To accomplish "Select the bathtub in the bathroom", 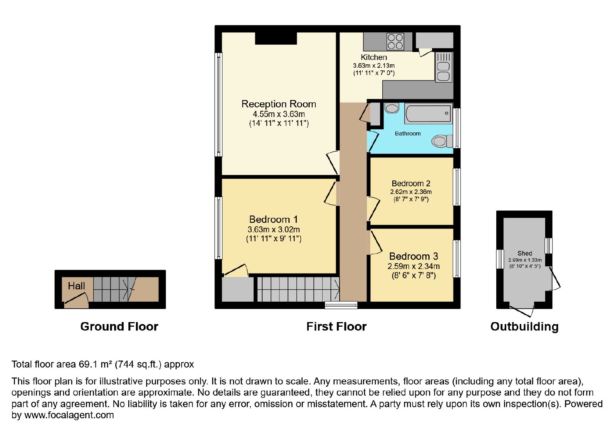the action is click(x=429, y=113).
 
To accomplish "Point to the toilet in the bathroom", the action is click(x=442, y=141).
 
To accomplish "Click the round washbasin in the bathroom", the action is click(x=392, y=108).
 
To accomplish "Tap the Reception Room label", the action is click(x=279, y=104).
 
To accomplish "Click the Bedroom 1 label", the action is click(x=273, y=219).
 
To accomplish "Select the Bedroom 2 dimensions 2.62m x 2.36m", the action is click(x=411, y=192).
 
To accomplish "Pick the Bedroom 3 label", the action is click(x=413, y=256).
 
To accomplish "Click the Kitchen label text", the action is click(x=374, y=57).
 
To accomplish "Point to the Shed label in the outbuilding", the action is click(x=525, y=253).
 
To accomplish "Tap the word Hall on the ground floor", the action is click(x=77, y=286).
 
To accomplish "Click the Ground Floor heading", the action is click(x=119, y=327).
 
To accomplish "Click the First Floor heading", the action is click(x=336, y=327).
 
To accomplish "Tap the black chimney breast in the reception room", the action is click(x=276, y=38).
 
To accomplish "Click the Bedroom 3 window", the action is click(x=457, y=259).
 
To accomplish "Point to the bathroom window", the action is click(x=457, y=128).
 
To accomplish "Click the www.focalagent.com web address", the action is click(x=69, y=415).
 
